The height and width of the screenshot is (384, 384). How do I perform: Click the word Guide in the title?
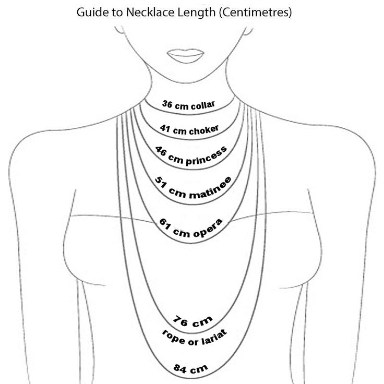coord(90,13)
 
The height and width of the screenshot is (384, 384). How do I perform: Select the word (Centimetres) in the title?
coord(255,13)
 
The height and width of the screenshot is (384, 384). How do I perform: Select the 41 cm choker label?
coord(190,129)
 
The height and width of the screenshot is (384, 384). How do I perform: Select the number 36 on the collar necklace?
coord(167,104)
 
